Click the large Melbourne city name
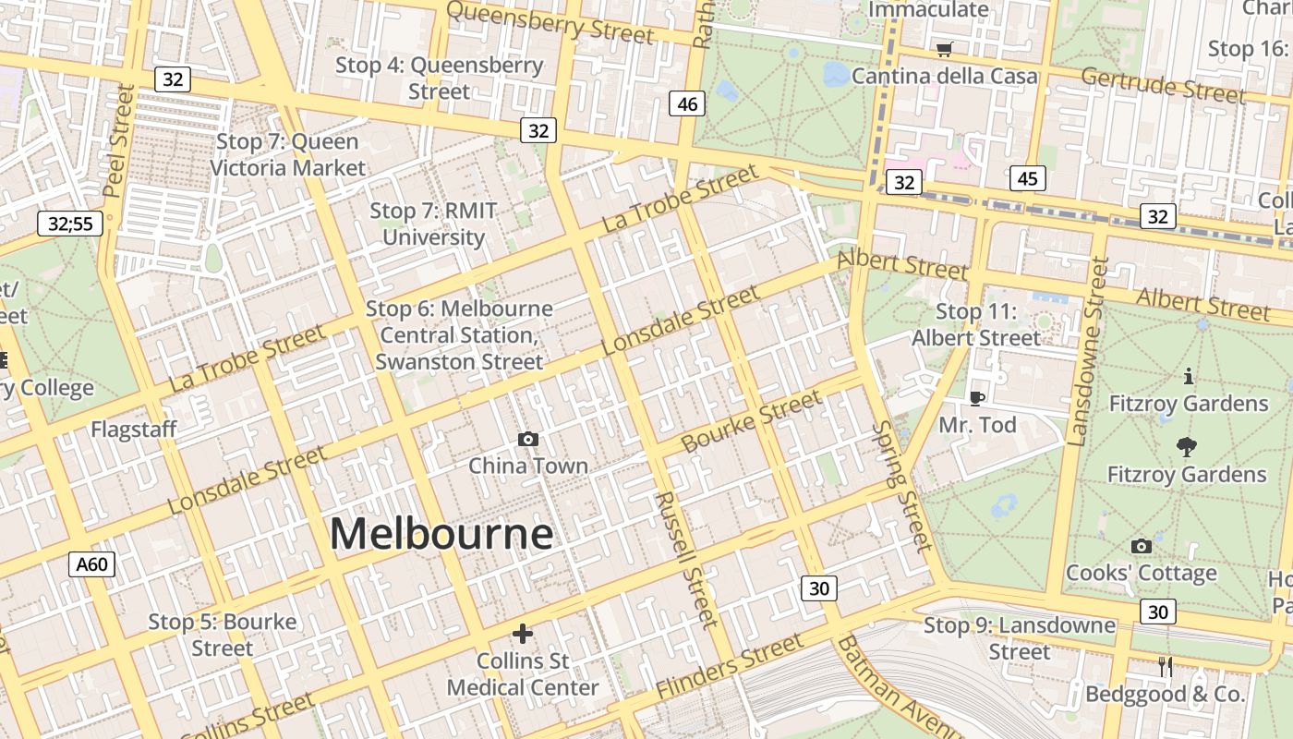[441, 534]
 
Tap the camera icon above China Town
[528, 439]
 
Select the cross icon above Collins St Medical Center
[523, 634]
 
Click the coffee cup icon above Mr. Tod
[977, 398]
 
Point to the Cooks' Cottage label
[1141, 573]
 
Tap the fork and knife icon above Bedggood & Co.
[1166, 667]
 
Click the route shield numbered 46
[687, 104]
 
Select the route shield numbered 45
[1027, 178]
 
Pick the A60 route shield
[91, 563]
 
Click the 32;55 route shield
[70, 223]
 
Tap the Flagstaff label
[133, 430]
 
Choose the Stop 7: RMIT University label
[433, 224]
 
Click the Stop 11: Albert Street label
[976, 325]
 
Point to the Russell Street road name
[685, 559]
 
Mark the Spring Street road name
[902, 486]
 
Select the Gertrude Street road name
[1163, 85]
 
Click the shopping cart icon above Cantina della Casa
[944, 50]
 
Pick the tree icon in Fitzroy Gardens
[1187, 448]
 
